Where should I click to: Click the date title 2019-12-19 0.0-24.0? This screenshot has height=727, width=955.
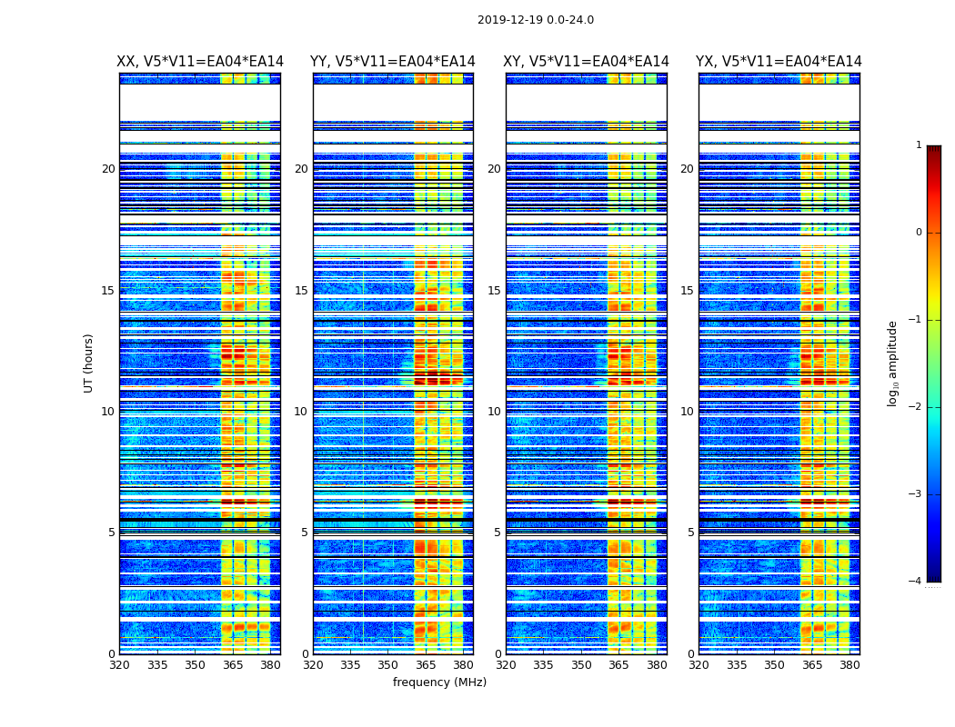(535, 20)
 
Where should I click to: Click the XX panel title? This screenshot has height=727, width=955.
(200, 62)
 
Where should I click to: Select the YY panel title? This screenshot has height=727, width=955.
(393, 62)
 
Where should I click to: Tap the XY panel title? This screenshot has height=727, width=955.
(586, 62)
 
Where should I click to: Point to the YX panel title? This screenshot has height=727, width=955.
(779, 62)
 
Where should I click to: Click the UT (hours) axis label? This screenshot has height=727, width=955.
(89, 363)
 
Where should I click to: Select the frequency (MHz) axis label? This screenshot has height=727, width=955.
(439, 682)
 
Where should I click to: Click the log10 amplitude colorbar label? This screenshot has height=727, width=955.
(893, 363)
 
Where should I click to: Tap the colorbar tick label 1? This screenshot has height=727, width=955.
(919, 145)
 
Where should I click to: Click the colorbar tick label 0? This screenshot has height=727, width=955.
(919, 233)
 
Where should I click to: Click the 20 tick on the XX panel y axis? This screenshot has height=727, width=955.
(108, 169)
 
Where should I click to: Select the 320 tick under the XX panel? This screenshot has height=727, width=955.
(119, 665)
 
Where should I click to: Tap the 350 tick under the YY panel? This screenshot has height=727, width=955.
(388, 665)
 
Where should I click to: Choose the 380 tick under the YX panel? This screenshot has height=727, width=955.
(849, 665)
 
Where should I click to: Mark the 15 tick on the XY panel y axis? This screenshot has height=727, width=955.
(494, 291)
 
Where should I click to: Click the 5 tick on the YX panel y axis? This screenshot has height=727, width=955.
(690, 533)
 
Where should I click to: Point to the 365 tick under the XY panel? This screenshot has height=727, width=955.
(619, 665)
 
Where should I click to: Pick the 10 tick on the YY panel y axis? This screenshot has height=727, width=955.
(301, 412)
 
